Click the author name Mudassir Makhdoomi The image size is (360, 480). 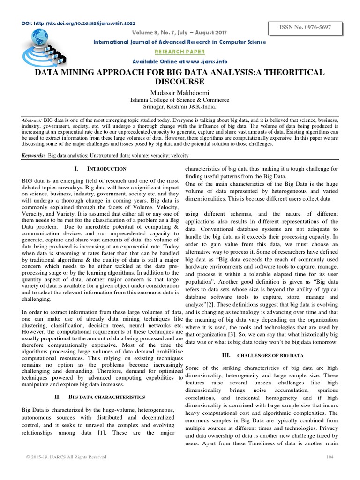click(180, 91)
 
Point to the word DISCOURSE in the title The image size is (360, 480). click(180, 82)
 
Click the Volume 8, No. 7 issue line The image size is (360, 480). click(180, 33)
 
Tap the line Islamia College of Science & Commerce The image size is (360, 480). click(180, 100)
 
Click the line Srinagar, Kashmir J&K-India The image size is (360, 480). click(180, 107)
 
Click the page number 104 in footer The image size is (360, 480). click(329, 457)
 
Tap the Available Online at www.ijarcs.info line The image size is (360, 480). click(180, 61)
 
